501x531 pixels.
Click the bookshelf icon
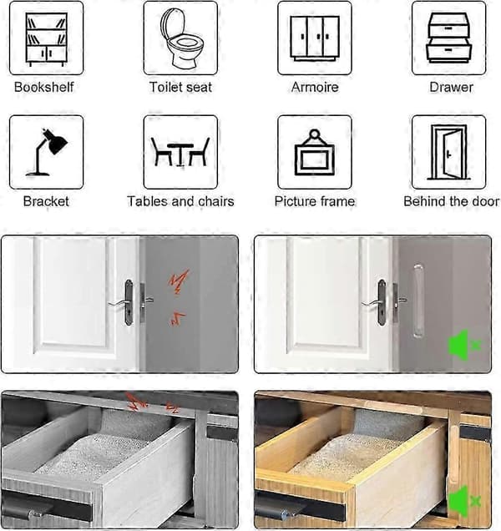(x=47, y=39)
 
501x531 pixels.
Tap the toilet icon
(x=180, y=38)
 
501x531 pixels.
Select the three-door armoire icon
(x=315, y=38)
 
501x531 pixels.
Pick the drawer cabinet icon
(x=448, y=38)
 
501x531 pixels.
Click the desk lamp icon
(x=47, y=152)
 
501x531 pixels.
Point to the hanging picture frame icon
(x=315, y=153)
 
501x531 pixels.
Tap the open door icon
(x=448, y=153)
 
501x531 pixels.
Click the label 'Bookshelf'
(x=44, y=87)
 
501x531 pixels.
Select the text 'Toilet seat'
(x=180, y=87)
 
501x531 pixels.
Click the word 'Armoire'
(x=315, y=88)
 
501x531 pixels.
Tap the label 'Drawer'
(x=451, y=87)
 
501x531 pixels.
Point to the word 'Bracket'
(x=46, y=201)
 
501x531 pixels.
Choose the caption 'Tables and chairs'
(x=180, y=201)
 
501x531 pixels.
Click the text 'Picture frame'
(x=315, y=201)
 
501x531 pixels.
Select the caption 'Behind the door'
(x=451, y=201)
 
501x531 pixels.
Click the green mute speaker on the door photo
(x=464, y=346)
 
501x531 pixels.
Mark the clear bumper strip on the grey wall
(x=418, y=301)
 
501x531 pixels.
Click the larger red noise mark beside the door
(x=180, y=281)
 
